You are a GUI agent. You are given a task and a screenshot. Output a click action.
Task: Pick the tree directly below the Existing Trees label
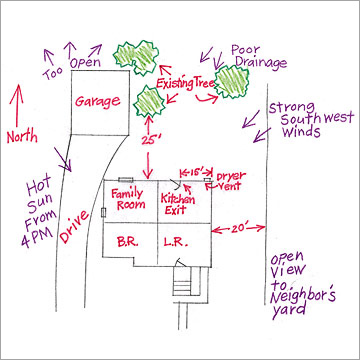click(x=151, y=101)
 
